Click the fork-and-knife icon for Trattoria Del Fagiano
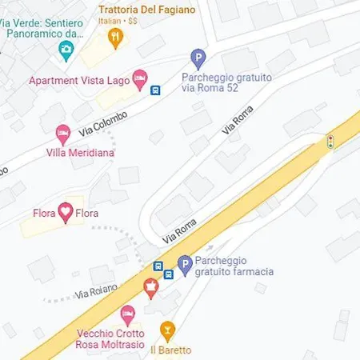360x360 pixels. coord(117,35)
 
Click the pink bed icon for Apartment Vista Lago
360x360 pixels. coord(140,76)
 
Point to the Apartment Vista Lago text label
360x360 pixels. coord(79,80)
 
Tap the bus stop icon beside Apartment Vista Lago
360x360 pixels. coord(155,90)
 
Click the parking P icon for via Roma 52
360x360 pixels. coord(198,58)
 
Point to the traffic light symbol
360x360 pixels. coord(330,142)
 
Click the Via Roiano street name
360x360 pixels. coord(98,290)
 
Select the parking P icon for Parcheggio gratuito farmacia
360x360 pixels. coord(185,265)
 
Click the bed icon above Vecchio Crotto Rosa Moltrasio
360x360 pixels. coord(126,314)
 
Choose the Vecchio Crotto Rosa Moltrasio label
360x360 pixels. coord(110,339)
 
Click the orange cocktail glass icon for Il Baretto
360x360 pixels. coord(167,330)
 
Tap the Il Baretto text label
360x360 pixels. coord(171,350)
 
